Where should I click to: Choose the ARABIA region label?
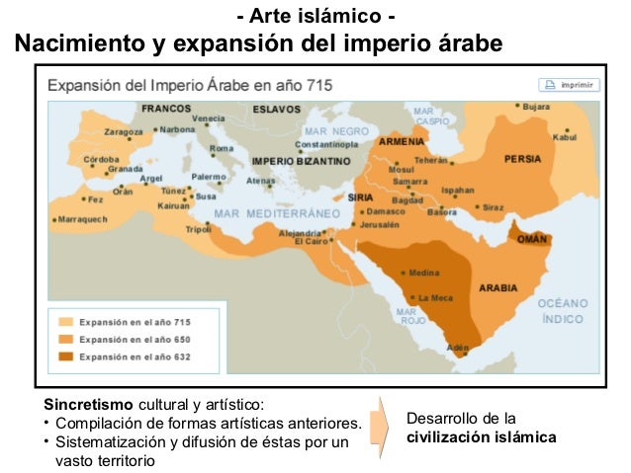(x=498, y=288)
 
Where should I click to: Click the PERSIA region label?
(x=523, y=158)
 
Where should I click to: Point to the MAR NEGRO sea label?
(x=335, y=130)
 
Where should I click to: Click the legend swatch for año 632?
(x=65, y=355)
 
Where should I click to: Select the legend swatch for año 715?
(x=65, y=322)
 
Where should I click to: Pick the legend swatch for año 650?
(x=65, y=339)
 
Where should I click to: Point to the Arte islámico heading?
(x=316, y=18)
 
